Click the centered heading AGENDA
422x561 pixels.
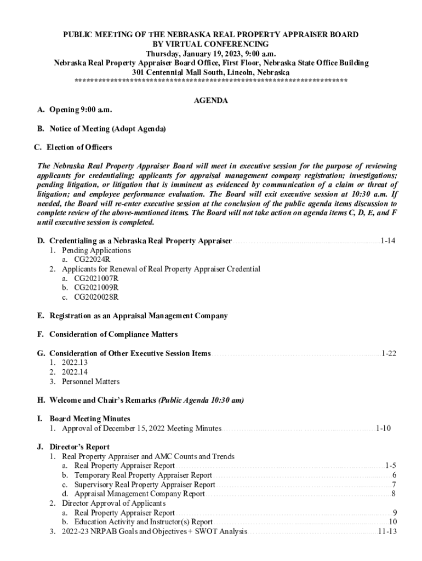pos(211,101)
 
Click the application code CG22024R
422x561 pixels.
pos(92,260)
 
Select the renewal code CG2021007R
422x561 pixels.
pos(96,278)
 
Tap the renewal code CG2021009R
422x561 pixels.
pos(96,288)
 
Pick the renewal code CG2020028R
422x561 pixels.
pos(96,297)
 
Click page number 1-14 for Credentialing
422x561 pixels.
pos(387,241)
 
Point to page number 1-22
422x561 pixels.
pos(389,353)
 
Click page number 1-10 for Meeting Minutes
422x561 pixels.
pos(383,428)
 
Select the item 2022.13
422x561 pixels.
pos(75,363)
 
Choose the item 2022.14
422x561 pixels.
pos(75,372)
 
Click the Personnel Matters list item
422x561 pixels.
pos(90,381)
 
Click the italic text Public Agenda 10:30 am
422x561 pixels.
pos(202,400)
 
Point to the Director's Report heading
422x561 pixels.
pos(79,446)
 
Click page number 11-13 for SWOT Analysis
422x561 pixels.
pos(387,531)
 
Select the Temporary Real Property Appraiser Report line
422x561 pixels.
pos(143,475)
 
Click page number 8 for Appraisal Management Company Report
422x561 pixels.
pos(394,494)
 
